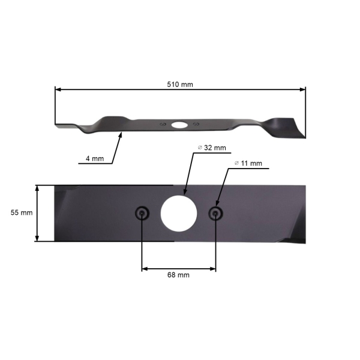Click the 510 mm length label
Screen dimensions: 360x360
[x=180, y=85]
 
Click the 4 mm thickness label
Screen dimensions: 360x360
[x=94, y=159]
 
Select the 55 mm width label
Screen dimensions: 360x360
[x=21, y=212]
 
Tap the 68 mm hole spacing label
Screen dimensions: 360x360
[x=178, y=275]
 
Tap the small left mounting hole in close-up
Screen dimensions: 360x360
[x=142, y=213]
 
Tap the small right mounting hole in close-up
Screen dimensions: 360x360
[x=215, y=213]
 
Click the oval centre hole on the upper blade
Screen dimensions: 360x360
[x=179, y=125]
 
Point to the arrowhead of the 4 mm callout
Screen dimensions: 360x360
[x=121, y=134]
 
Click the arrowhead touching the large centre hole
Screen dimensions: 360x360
[x=184, y=193]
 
